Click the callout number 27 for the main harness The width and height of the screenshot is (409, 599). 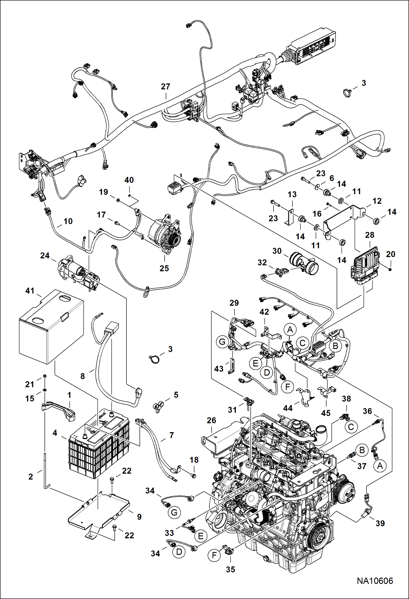pos(165,87)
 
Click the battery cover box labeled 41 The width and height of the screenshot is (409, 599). pos(51,327)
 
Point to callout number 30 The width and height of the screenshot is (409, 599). pos(277,251)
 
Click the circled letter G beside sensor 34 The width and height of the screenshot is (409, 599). pos(174,512)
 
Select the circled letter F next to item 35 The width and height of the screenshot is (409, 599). pos(214,555)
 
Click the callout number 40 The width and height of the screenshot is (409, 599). pos(129,180)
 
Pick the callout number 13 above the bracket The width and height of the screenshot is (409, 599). pos(292,194)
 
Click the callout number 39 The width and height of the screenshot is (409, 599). pos(380,523)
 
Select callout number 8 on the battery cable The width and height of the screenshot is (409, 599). pos(82,376)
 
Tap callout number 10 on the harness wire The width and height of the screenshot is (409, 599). pos(68,221)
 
